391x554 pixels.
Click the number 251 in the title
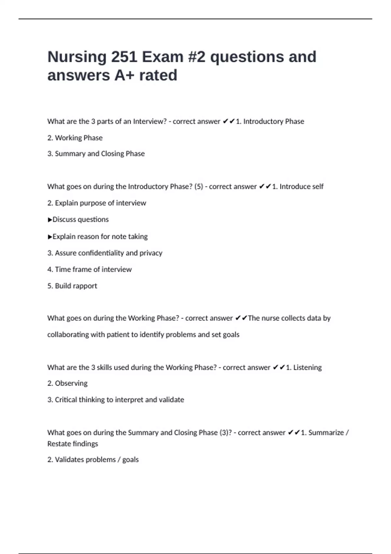point(124,57)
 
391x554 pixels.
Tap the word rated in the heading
point(158,75)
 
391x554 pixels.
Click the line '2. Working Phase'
point(75,138)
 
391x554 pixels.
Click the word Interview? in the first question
point(150,121)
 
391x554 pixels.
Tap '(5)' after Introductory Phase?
point(198,186)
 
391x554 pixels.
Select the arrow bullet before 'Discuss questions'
point(50,220)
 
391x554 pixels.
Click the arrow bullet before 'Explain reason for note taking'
point(50,237)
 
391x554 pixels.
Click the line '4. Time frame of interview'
point(90,269)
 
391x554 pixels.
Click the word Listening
point(307,367)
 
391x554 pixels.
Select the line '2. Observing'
point(67,383)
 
